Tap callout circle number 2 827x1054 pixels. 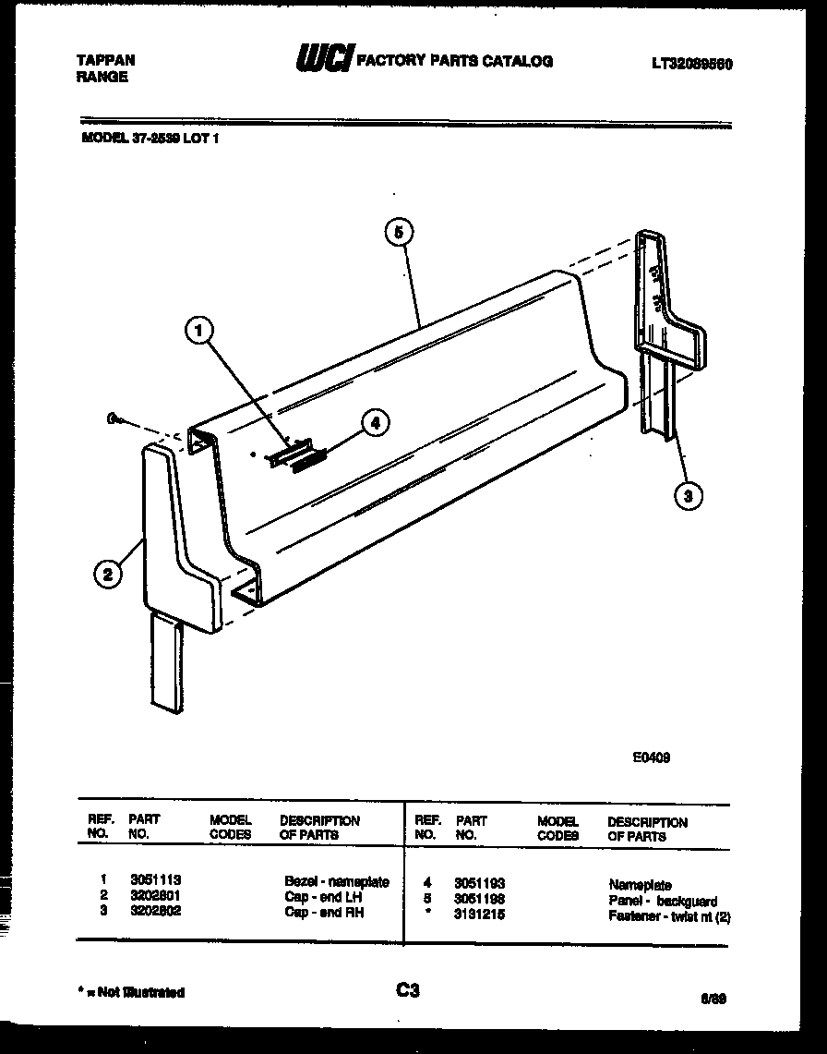point(108,575)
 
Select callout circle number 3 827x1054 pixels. point(686,496)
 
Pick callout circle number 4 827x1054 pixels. point(372,423)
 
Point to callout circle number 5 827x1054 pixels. point(398,233)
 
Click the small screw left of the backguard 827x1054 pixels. point(115,420)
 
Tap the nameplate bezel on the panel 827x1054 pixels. point(285,454)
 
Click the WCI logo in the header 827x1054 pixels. point(323,60)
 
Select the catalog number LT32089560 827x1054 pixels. point(692,65)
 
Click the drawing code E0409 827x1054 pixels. point(651,757)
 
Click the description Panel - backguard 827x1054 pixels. point(663,901)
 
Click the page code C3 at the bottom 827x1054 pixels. point(408,991)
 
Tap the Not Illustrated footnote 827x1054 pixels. point(133,993)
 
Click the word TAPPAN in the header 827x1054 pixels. point(105,60)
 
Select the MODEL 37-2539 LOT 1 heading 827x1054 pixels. point(150,139)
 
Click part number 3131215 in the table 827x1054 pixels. point(479,915)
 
